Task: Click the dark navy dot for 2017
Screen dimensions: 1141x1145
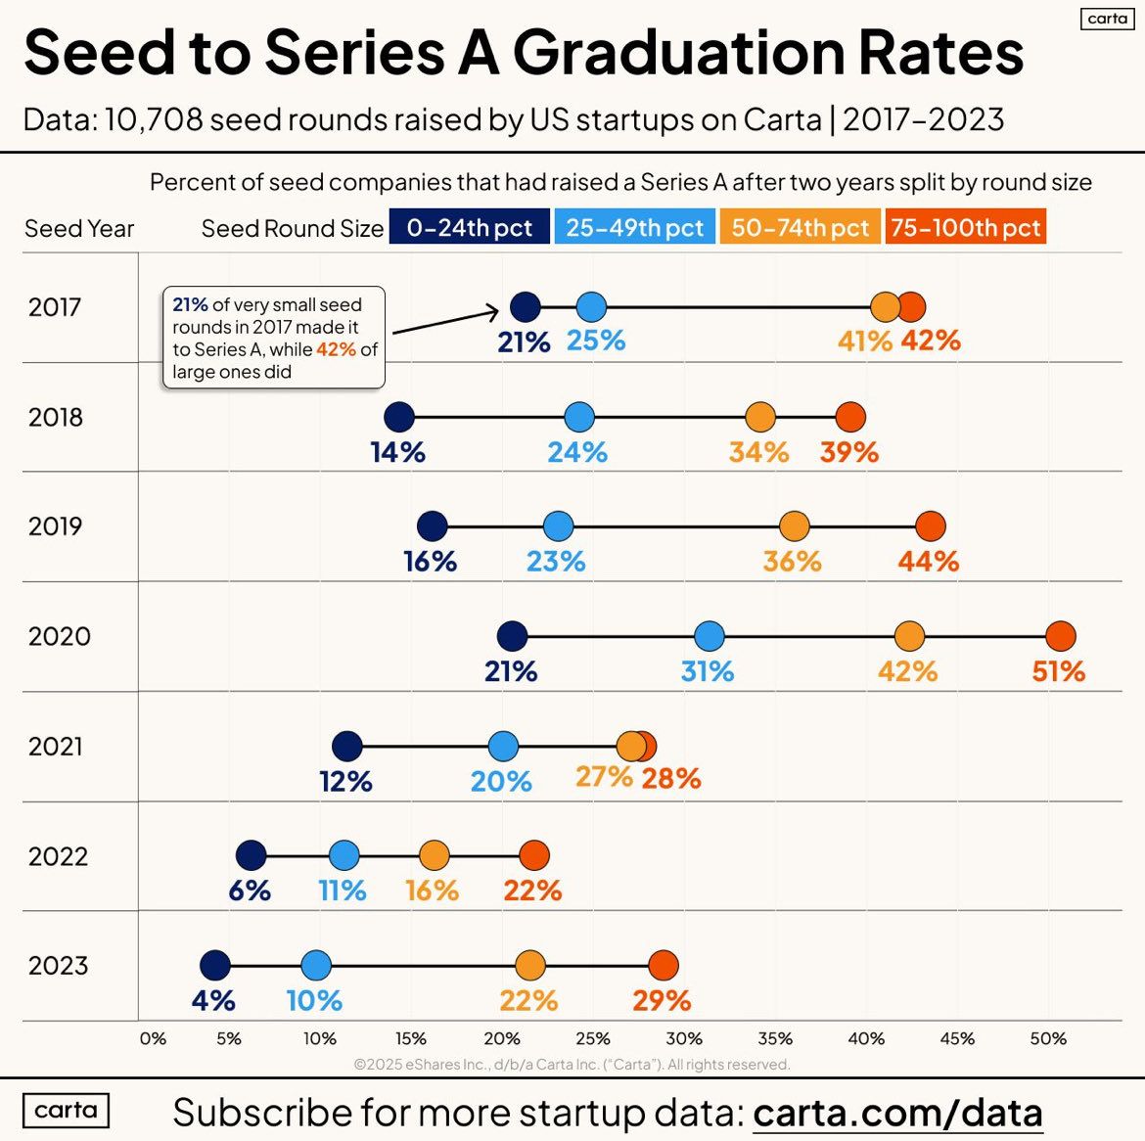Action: click(526, 307)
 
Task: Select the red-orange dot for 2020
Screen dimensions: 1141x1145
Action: click(1060, 636)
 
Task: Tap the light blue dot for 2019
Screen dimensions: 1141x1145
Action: click(558, 526)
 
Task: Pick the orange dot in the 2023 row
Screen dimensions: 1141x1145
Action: click(529, 966)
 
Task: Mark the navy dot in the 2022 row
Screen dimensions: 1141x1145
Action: click(252, 855)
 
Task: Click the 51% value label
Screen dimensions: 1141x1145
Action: click(1058, 671)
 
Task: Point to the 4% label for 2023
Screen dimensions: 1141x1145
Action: click(213, 1000)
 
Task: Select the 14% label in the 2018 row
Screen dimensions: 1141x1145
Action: click(397, 452)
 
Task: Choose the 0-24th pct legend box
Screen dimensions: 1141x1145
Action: click(469, 228)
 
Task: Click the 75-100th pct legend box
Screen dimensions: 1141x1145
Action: click(965, 228)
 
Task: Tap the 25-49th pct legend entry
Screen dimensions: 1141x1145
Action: click(634, 228)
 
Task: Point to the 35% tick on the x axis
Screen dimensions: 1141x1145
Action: click(775, 1038)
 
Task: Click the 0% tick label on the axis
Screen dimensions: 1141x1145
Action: click(153, 1038)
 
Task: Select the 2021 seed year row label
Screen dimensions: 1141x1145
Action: click(56, 747)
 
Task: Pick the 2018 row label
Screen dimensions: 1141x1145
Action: click(56, 417)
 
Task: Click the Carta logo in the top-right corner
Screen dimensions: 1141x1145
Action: click(1107, 19)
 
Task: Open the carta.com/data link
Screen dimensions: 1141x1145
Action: click(897, 1113)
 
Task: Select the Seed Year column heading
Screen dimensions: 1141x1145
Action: click(79, 229)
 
